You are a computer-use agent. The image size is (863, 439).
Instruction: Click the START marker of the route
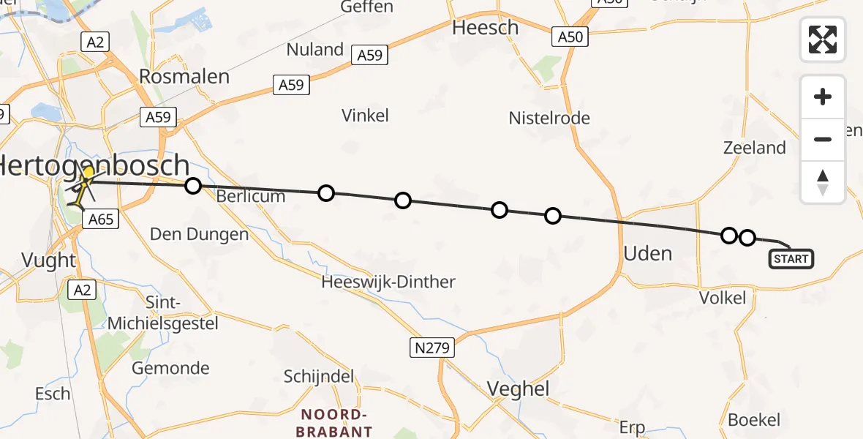click(791, 259)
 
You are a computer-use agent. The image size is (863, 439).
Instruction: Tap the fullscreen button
click(823, 40)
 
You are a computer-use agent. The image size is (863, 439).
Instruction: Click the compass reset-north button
click(823, 182)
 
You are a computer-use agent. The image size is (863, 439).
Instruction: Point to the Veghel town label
click(518, 389)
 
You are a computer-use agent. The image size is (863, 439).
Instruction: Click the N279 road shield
click(432, 348)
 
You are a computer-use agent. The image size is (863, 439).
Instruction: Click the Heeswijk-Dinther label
click(388, 282)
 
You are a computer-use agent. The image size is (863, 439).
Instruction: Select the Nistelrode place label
click(549, 118)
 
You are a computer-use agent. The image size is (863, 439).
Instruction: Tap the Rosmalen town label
click(184, 77)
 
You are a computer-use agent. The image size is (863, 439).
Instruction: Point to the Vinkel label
click(365, 115)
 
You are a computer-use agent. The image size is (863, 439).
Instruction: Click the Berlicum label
click(250, 196)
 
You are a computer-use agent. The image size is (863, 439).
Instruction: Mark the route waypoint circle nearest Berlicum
click(193, 186)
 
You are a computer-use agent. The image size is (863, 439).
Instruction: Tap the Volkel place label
click(723, 298)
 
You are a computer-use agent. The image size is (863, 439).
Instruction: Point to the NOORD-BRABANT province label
click(333, 422)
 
